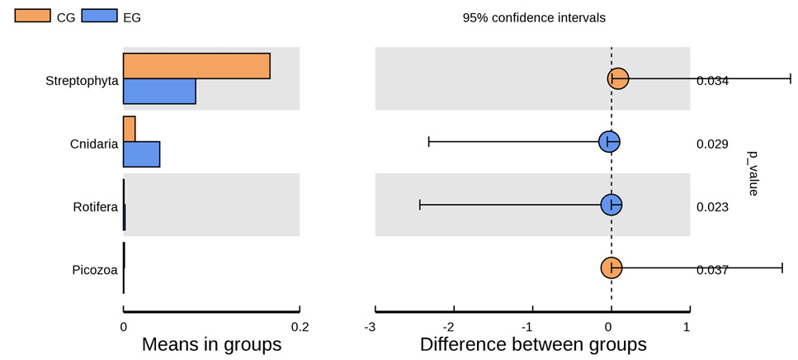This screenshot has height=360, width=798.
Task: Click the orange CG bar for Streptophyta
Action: click(196, 66)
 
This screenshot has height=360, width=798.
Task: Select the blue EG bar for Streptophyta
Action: click(159, 91)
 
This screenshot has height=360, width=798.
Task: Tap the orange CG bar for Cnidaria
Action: click(130, 129)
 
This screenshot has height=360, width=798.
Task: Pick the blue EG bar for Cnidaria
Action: click(141, 154)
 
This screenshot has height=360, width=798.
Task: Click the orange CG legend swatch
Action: click(31, 16)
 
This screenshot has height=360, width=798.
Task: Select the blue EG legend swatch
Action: click(98, 16)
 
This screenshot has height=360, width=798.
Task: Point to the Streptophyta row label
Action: click(82, 81)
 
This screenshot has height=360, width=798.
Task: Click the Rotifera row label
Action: click(96, 207)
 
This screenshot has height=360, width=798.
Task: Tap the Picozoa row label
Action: click(95, 270)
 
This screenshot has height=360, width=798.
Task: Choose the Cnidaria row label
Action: click(94, 144)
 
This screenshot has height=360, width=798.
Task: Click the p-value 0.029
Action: click(712, 144)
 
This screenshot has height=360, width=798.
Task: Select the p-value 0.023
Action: click(712, 207)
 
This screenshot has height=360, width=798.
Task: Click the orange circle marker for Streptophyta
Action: click(618, 78)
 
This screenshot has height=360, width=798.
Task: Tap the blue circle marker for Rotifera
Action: click(611, 205)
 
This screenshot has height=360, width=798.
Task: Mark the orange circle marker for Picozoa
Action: click(611, 268)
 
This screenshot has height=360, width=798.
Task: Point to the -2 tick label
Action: click(450, 326)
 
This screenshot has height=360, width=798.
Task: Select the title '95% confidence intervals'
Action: click(534, 18)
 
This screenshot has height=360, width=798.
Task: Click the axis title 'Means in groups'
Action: click(212, 344)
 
